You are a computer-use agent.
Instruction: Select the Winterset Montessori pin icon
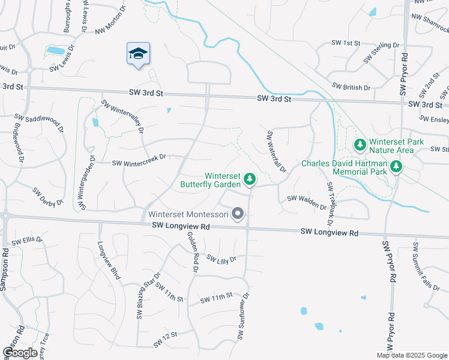238,214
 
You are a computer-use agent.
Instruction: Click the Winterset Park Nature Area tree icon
360,145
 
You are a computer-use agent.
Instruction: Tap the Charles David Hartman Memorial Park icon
396,166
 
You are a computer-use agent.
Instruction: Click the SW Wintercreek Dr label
139,159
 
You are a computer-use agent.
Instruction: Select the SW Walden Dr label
306,202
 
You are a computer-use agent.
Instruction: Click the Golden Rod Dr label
193,253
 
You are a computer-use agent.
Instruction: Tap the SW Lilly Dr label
222,259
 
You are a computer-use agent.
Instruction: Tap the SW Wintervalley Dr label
124,115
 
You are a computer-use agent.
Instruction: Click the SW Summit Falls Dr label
418,265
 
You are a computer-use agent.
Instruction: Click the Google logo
20,353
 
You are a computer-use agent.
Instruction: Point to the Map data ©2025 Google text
411,355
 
